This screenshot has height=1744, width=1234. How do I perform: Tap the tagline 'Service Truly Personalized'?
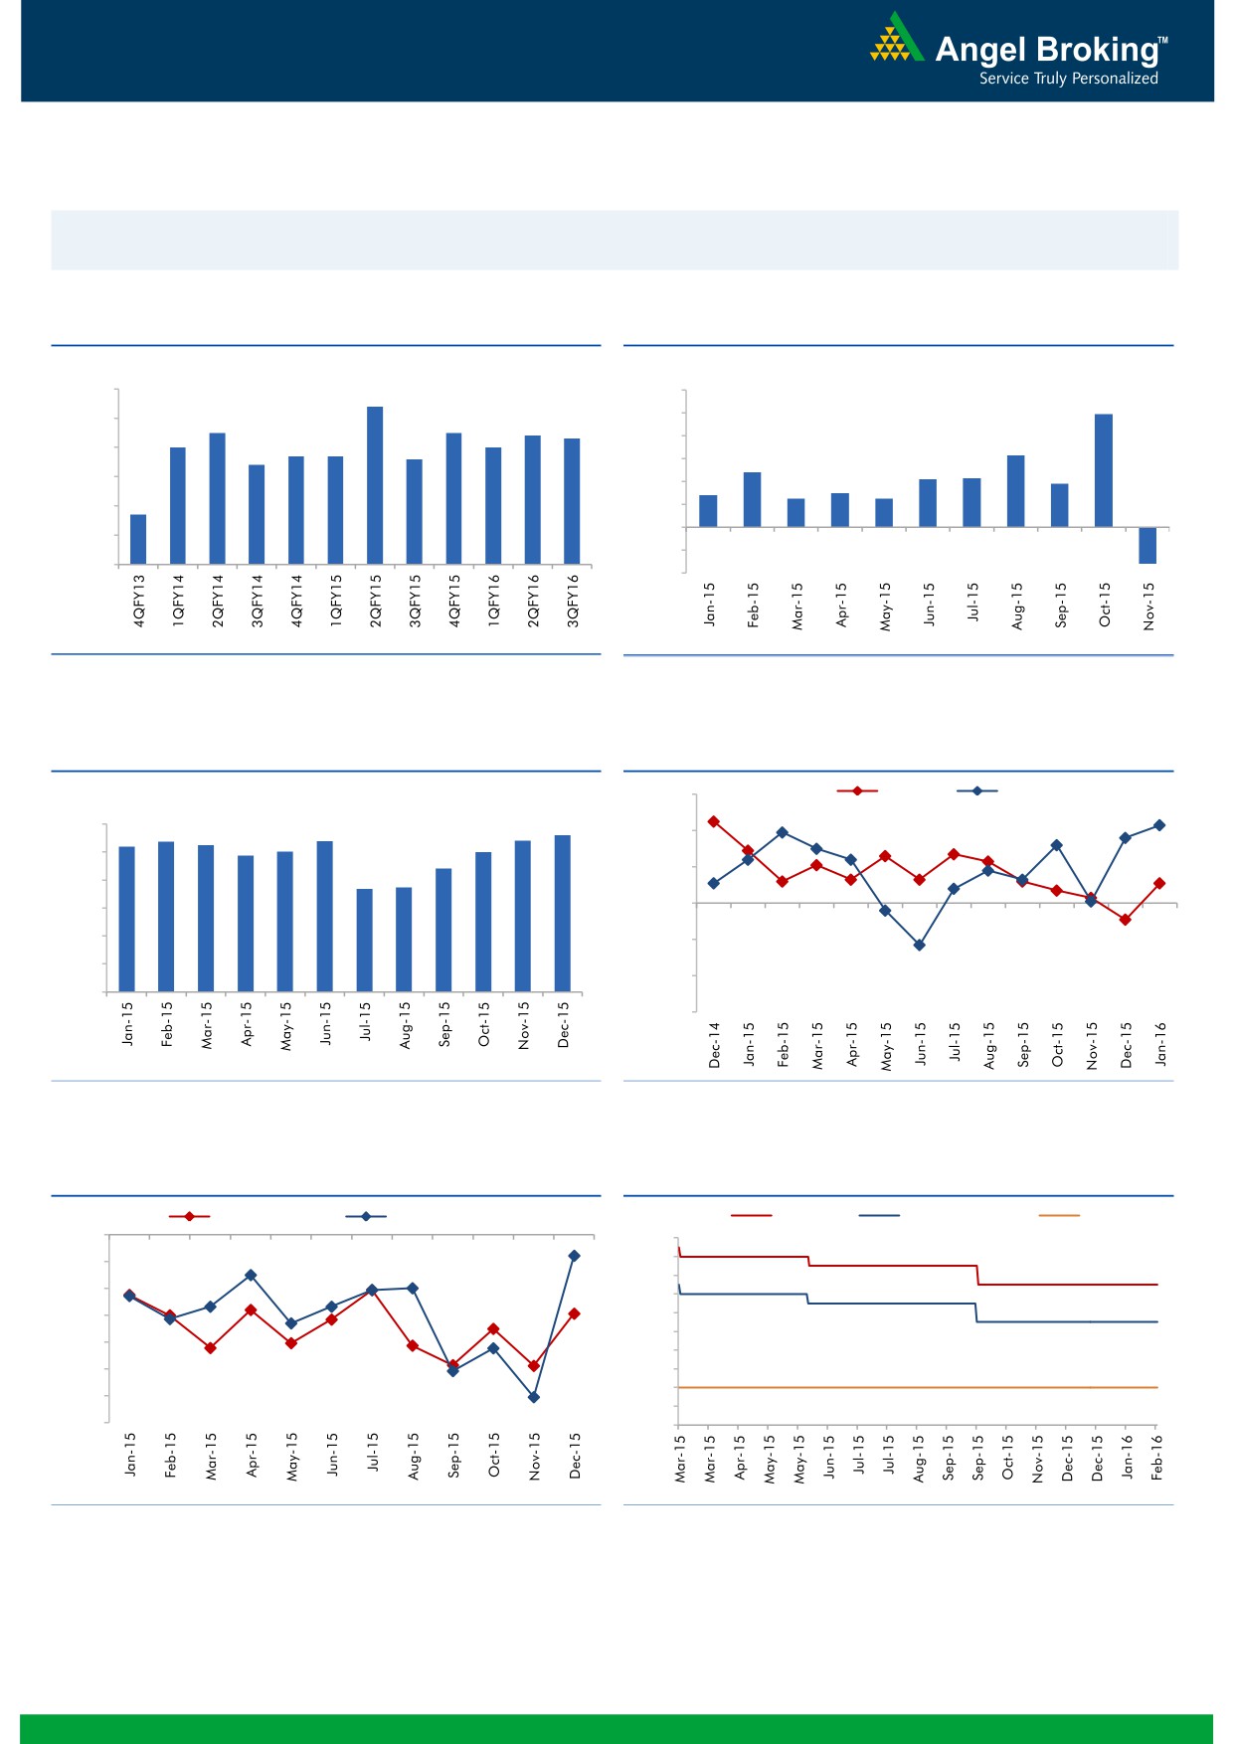1068,79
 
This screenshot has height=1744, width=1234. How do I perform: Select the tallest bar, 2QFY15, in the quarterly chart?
375,485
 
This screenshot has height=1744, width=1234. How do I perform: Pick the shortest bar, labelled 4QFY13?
138,539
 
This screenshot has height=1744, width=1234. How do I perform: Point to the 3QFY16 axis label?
573,600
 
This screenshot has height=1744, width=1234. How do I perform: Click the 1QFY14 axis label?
179,600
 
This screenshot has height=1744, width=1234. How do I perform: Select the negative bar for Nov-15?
1147,545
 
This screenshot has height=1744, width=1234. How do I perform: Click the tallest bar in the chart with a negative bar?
1104,470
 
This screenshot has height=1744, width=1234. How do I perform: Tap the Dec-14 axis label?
714,1045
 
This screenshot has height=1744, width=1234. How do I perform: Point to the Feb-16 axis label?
1157,1458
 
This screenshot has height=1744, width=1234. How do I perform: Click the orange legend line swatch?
1058,1215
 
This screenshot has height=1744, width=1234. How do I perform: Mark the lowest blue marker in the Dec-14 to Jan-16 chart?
920,946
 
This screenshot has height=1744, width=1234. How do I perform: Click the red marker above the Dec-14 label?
714,821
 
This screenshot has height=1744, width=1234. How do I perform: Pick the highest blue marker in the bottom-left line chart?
574,1256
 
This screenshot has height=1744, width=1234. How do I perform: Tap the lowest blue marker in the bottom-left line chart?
534,1397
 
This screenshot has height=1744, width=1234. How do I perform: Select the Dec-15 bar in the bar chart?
563,913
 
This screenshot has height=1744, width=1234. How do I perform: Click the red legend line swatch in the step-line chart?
751,1215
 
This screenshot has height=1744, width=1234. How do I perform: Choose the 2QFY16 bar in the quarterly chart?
533,499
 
